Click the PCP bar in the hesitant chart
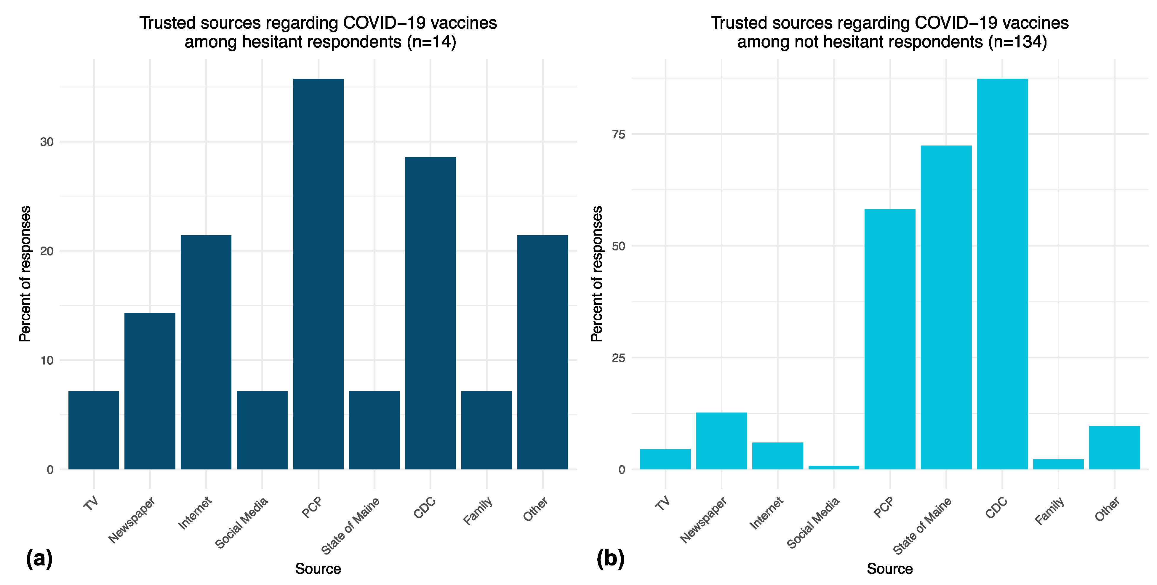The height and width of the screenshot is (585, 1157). pyautogui.click(x=318, y=274)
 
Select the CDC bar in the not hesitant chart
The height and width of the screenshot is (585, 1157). pyautogui.click(x=1002, y=274)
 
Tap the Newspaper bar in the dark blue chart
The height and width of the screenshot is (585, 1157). pyautogui.click(x=150, y=391)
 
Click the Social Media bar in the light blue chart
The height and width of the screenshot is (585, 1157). pyautogui.click(x=834, y=467)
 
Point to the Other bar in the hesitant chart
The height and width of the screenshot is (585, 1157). pyautogui.click(x=543, y=352)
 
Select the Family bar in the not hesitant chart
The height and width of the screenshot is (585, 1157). pyautogui.click(x=1058, y=464)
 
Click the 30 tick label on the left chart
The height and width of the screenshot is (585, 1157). pyautogui.click(x=47, y=142)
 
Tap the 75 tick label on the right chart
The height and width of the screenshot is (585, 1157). pyautogui.click(x=618, y=134)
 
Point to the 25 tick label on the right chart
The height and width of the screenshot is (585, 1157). pyautogui.click(x=618, y=358)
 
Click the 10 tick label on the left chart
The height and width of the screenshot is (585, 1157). pyautogui.click(x=47, y=360)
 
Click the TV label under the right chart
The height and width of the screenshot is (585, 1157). pyautogui.click(x=663, y=503)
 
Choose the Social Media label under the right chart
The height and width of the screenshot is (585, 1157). pyautogui.click(x=813, y=522)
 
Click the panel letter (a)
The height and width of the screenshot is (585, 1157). pyautogui.click(x=39, y=559)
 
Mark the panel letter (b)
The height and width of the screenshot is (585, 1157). pyautogui.click(x=610, y=559)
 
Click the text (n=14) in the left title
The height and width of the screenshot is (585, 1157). pyautogui.click(x=432, y=42)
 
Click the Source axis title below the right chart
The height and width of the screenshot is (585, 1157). pyautogui.click(x=889, y=569)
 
